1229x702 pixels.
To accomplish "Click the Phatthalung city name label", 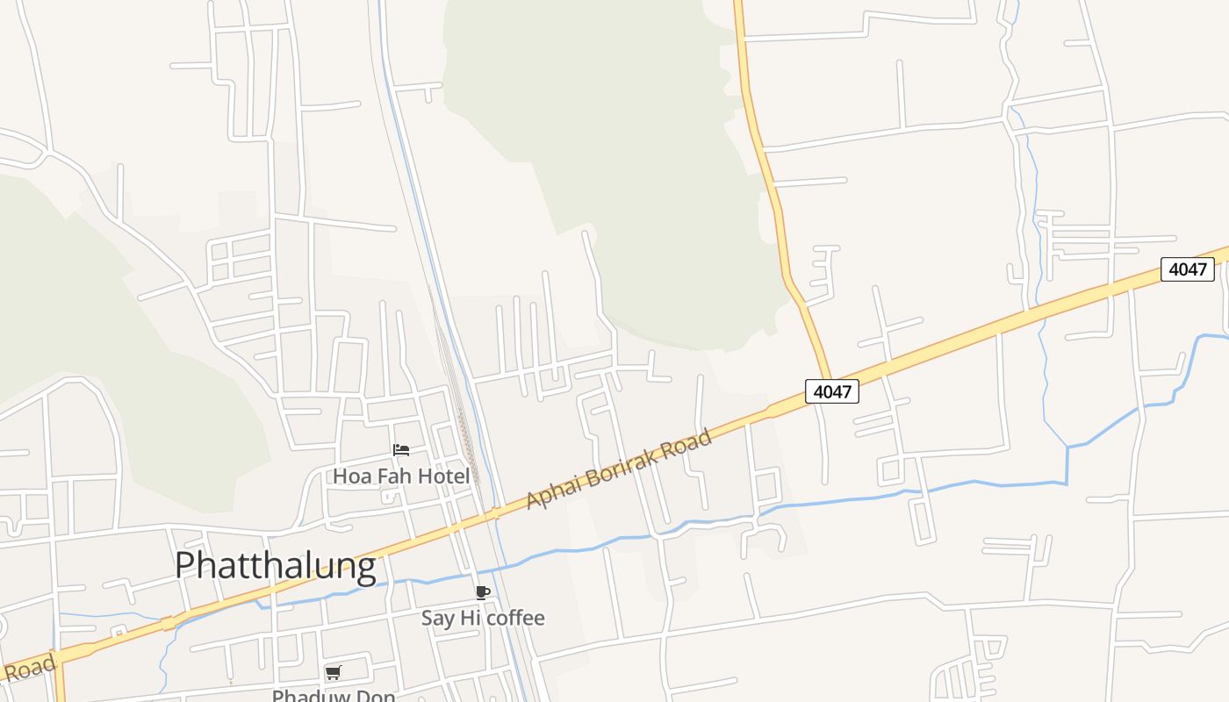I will pyautogui.click(x=275, y=566).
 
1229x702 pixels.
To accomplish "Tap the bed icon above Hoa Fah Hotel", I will pyautogui.click(x=401, y=451).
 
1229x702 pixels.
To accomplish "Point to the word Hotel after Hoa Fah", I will pyautogui.click(x=444, y=476).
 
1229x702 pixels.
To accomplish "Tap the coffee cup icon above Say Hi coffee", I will pyautogui.click(x=482, y=592).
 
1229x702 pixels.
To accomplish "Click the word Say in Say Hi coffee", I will pyautogui.click(x=437, y=618).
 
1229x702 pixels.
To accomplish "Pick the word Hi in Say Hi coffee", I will pyautogui.click(x=471, y=618).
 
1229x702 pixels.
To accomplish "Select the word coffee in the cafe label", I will pyautogui.click(x=515, y=618).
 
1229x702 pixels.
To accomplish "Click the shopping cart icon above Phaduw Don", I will pyautogui.click(x=333, y=673).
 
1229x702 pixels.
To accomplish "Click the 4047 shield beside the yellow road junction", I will pyautogui.click(x=831, y=391).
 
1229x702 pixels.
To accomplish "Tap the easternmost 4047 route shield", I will pyautogui.click(x=1187, y=269).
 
